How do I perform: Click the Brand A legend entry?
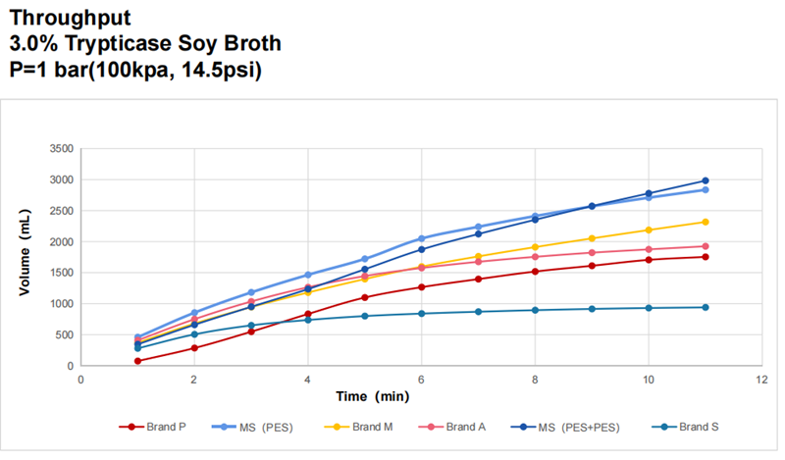[467, 427]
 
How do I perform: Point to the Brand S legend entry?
[696, 427]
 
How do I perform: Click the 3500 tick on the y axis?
[61, 149]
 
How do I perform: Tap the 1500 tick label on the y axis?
[61, 273]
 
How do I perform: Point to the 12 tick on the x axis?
[761, 379]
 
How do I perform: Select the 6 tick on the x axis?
[421, 379]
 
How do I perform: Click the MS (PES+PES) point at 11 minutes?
[705, 180]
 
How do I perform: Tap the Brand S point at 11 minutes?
[705, 307]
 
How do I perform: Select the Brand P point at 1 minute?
[137, 361]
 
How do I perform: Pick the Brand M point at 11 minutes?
[705, 222]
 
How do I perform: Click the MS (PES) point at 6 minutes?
[421, 238]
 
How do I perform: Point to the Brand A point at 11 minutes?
[705, 246]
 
